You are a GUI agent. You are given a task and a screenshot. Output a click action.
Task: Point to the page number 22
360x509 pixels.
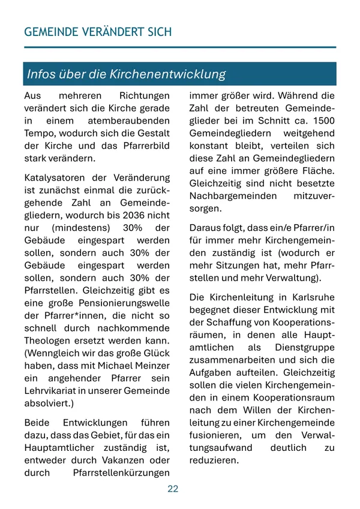point(173,489)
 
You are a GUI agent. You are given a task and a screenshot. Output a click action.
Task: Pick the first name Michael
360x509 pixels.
point(108,366)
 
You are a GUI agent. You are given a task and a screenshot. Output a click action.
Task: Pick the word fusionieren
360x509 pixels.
point(215,435)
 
